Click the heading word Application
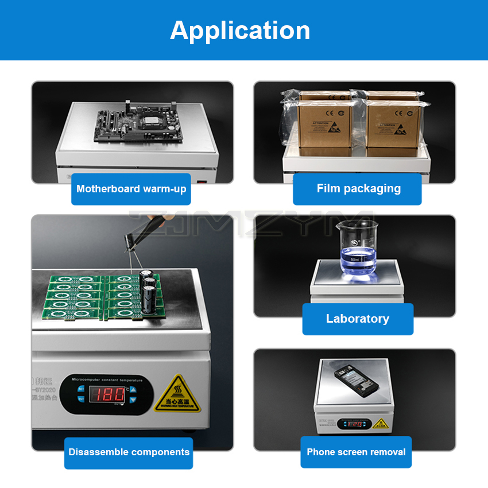click(x=240, y=30)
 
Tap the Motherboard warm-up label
click(x=131, y=189)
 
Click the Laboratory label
click(x=357, y=319)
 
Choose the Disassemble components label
click(x=129, y=452)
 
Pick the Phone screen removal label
click(x=356, y=452)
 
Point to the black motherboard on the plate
click(x=138, y=124)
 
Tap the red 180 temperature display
click(x=108, y=394)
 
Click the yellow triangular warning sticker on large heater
click(x=178, y=394)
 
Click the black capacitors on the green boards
click(x=149, y=290)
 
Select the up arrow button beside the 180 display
click(x=133, y=389)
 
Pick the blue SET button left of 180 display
click(x=81, y=389)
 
